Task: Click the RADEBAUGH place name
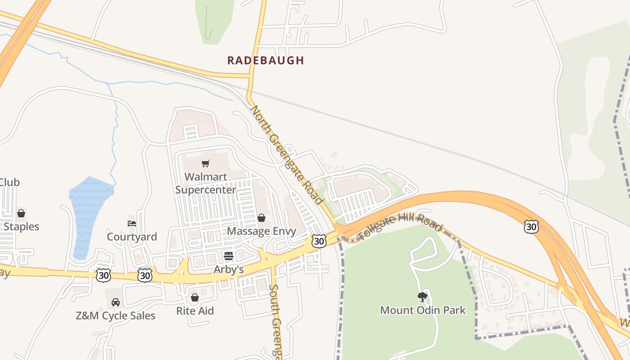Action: [x=265, y=60]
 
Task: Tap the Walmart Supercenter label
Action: [x=206, y=183]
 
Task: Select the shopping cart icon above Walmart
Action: [x=206, y=163]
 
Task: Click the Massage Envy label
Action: [x=261, y=231]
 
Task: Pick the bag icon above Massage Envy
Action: [x=261, y=218]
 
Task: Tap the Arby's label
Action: [x=229, y=270]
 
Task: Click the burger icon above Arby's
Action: [x=229, y=256]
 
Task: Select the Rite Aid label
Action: [x=195, y=311]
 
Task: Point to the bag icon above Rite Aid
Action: [x=195, y=297]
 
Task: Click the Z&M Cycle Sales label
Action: [x=116, y=316]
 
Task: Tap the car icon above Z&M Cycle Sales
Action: [x=116, y=302]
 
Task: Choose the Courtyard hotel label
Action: [x=132, y=237]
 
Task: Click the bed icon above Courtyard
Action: [x=132, y=223]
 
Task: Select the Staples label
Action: [x=21, y=226]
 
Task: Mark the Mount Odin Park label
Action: [x=423, y=310]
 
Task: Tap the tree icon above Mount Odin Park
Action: [x=422, y=297]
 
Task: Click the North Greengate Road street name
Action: [x=287, y=155]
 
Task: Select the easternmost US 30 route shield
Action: [x=531, y=227]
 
